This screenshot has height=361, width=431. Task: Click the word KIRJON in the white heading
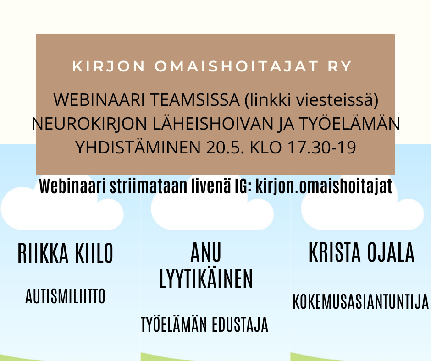[109, 66]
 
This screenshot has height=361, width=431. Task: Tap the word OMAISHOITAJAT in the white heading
[237, 66]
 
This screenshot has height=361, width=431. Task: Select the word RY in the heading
[340, 66]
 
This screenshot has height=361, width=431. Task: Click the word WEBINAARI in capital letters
[99, 99]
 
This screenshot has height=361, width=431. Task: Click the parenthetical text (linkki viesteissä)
[311, 100]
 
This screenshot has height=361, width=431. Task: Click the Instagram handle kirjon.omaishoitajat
[324, 187]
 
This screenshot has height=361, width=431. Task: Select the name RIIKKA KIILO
[66, 253]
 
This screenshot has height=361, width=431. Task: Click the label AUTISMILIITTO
[66, 296]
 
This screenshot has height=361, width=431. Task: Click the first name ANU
[206, 252]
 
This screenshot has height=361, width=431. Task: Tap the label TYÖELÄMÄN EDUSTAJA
[204, 324]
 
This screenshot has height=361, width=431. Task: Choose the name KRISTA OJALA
[362, 252]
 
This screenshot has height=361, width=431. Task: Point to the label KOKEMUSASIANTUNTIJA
[361, 301]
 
